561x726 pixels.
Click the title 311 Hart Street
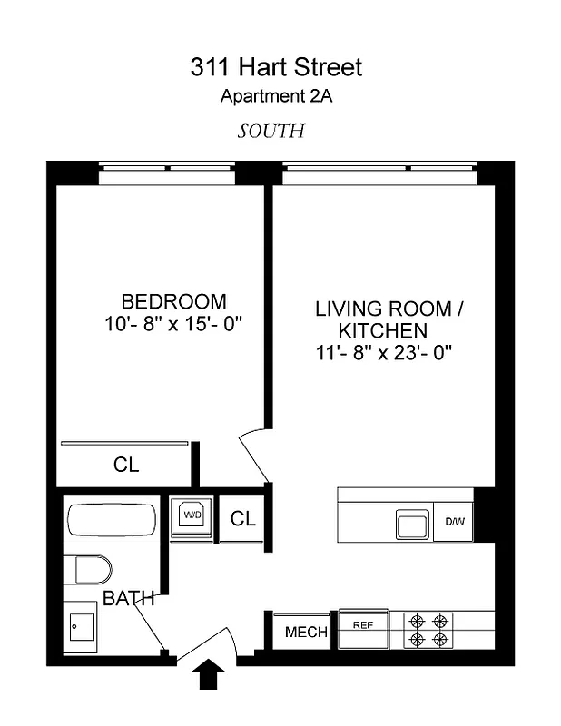click(x=276, y=67)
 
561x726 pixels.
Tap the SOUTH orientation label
click(x=271, y=131)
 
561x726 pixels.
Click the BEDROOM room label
click(x=173, y=301)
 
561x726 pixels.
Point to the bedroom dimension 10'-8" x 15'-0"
click(x=173, y=323)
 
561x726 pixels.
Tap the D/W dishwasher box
click(x=454, y=522)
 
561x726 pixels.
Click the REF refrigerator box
click(x=363, y=624)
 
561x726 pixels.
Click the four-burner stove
click(x=429, y=631)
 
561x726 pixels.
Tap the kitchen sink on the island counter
click(x=411, y=523)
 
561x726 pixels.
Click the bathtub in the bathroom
click(x=112, y=522)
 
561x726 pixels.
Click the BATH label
click(x=128, y=599)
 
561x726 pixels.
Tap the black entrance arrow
click(x=211, y=675)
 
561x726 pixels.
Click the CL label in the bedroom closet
click(x=126, y=466)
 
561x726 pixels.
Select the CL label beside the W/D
click(x=242, y=519)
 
